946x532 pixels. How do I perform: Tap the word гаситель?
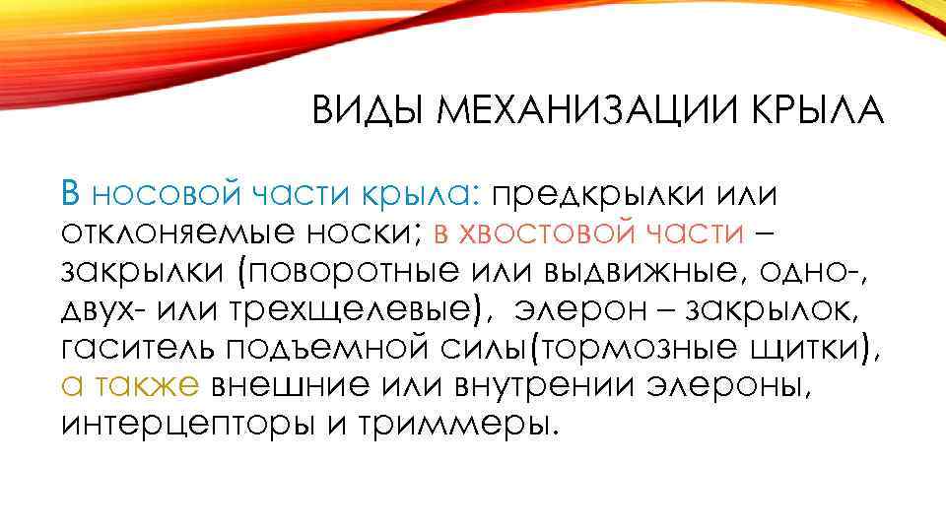coord(136,347)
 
